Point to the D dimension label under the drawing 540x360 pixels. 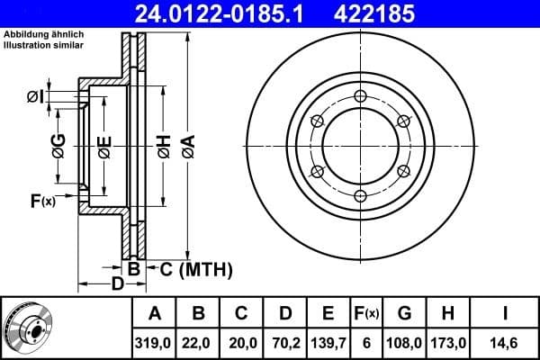(x=117, y=285)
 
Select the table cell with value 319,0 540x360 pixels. (x=155, y=343)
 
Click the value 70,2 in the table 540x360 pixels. (x=284, y=343)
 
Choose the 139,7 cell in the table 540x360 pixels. (x=328, y=343)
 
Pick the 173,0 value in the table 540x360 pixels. (x=447, y=343)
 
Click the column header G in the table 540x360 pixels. (x=404, y=313)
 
